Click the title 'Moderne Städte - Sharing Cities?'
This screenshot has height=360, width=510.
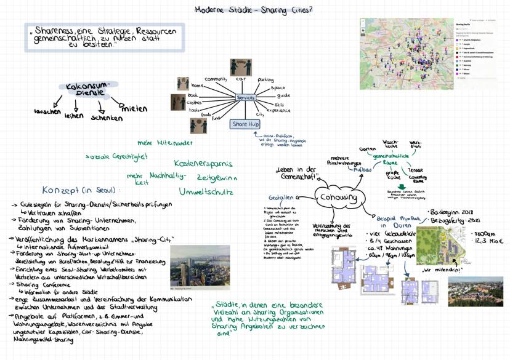click(x=253, y=10)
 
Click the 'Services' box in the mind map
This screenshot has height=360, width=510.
click(x=245, y=98)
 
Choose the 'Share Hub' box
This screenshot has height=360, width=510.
click(x=245, y=124)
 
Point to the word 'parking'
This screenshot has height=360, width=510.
click(x=265, y=80)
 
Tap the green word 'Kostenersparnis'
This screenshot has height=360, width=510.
click(x=203, y=164)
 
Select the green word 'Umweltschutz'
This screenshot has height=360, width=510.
click(x=206, y=191)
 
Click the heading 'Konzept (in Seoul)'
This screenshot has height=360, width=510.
click(x=78, y=190)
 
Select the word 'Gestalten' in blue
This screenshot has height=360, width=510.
click(x=280, y=198)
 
